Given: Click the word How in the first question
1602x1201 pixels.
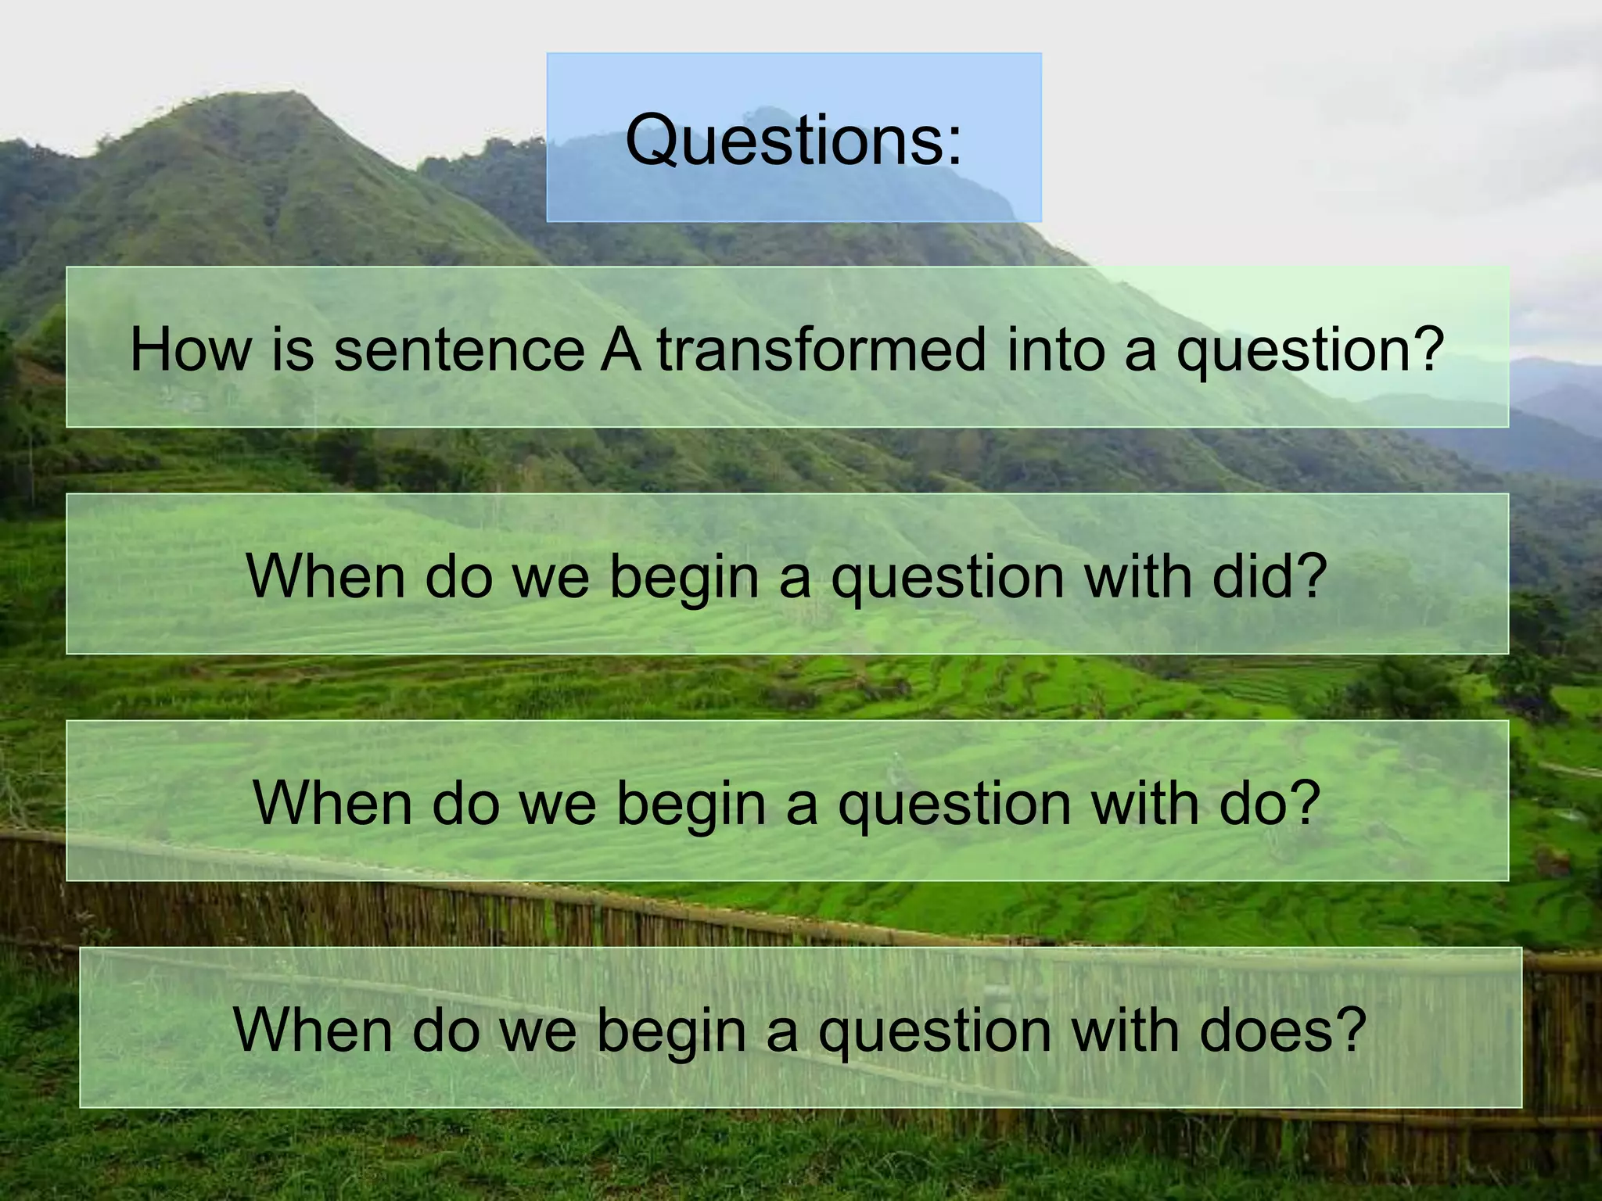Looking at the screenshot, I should point(191,349).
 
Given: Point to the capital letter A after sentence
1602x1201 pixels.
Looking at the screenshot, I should point(620,349).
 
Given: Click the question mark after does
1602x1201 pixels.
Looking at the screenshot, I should point(1349,1030).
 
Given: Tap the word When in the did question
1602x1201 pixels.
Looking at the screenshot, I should point(325,576).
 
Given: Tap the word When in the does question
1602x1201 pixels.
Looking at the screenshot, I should point(313,1030).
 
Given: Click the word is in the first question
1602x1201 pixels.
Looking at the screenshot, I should point(293,349).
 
